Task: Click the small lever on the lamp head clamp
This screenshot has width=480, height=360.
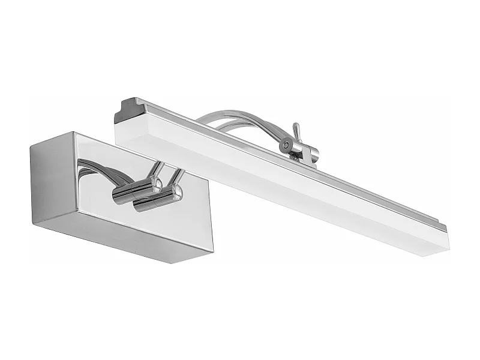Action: coord(295,130)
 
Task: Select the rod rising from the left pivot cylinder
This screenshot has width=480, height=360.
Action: coord(159,169)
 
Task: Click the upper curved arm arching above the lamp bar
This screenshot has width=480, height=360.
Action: coord(240,114)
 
